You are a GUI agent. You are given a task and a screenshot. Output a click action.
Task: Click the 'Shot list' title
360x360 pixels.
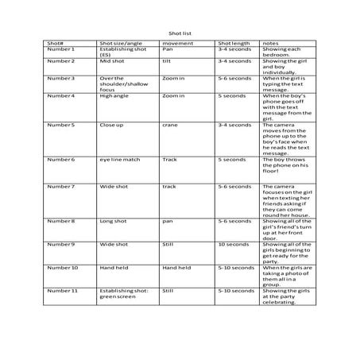pos(180,32)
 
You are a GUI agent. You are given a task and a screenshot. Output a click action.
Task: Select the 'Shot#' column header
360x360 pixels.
pos(56,42)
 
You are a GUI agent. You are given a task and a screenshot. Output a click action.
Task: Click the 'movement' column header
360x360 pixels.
pos(176,42)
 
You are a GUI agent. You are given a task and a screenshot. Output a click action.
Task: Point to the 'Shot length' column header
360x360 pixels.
pos(234,42)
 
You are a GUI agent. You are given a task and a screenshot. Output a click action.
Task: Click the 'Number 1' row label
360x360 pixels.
pos(61,48)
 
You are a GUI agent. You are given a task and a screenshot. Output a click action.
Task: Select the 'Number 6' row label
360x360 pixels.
pos(61,160)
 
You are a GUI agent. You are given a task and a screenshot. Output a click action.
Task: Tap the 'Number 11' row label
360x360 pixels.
pos(63,291)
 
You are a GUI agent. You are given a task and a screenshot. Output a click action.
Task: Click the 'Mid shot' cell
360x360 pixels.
pos(110,61)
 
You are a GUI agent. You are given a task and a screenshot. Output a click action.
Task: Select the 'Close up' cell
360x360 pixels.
pos(110,125)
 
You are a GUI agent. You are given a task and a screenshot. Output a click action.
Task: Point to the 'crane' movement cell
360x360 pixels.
pos(170,125)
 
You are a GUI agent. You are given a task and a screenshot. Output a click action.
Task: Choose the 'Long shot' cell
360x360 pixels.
pos(111,221)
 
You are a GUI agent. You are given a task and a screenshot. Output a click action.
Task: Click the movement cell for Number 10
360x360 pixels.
pos(176,268)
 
